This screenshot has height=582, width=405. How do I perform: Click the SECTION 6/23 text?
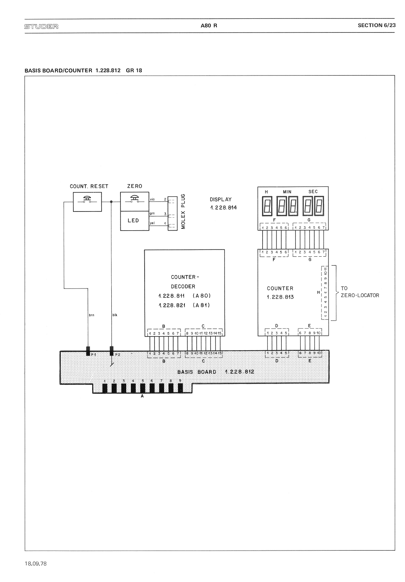(376, 25)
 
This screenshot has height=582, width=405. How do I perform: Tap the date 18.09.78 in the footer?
(36, 564)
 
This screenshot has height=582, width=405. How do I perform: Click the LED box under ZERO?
(134, 221)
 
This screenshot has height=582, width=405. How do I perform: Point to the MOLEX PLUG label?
(183, 211)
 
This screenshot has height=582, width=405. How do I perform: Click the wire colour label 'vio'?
(153, 199)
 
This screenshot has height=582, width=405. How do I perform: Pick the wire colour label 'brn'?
(91, 315)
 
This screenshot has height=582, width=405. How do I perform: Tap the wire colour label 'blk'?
(115, 315)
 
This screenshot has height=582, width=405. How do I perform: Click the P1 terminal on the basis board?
(88, 351)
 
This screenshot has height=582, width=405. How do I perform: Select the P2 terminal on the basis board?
(111, 351)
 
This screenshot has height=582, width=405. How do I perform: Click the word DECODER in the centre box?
(183, 287)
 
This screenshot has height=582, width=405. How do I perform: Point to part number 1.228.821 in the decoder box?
(172, 305)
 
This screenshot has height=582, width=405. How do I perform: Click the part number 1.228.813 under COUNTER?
(280, 297)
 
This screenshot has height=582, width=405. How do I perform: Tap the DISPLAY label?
(221, 200)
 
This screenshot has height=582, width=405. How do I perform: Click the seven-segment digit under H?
(268, 206)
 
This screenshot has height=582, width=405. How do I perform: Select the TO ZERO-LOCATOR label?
(360, 292)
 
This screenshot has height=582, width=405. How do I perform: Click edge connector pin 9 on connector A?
(180, 388)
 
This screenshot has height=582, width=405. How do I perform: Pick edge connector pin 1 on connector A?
(105, 388)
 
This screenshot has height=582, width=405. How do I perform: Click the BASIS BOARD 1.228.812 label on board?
(216, 372)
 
